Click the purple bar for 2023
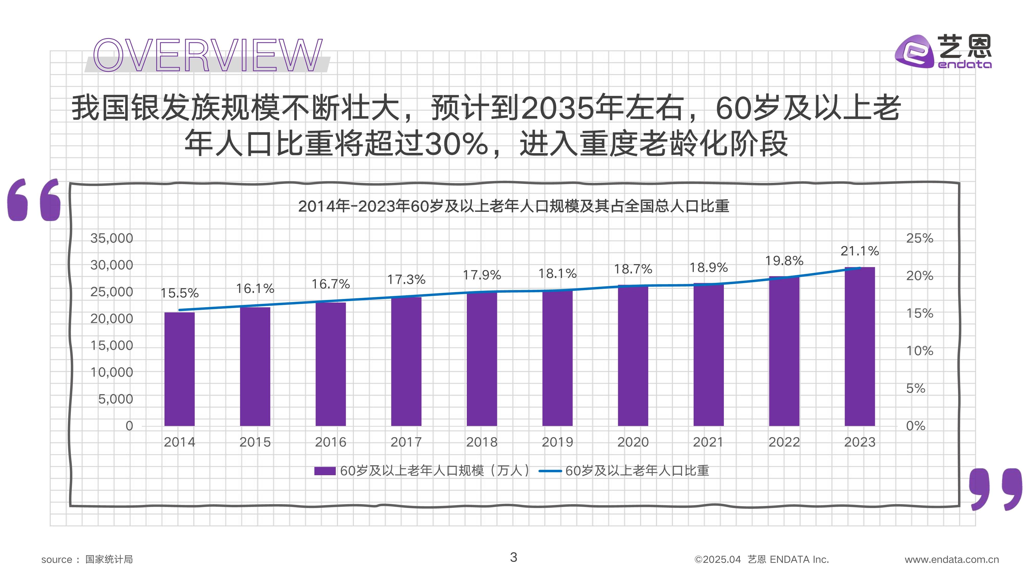[x=860, y=346]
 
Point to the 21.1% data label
[x=860, y=251]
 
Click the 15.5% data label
[x=179, y=293]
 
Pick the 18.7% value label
[x=633, y=269]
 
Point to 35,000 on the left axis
[x=112, y=238]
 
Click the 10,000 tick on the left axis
[x=112, y=372]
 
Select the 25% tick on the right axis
[x=919, y=238]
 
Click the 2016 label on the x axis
[x=331, y=442]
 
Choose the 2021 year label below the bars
[x=708, y=442]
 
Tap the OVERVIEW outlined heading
[x=207, y=56]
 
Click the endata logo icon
[x=914, y=52]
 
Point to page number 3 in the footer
[x=514, y=557]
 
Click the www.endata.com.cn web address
[x=952, y=560]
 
